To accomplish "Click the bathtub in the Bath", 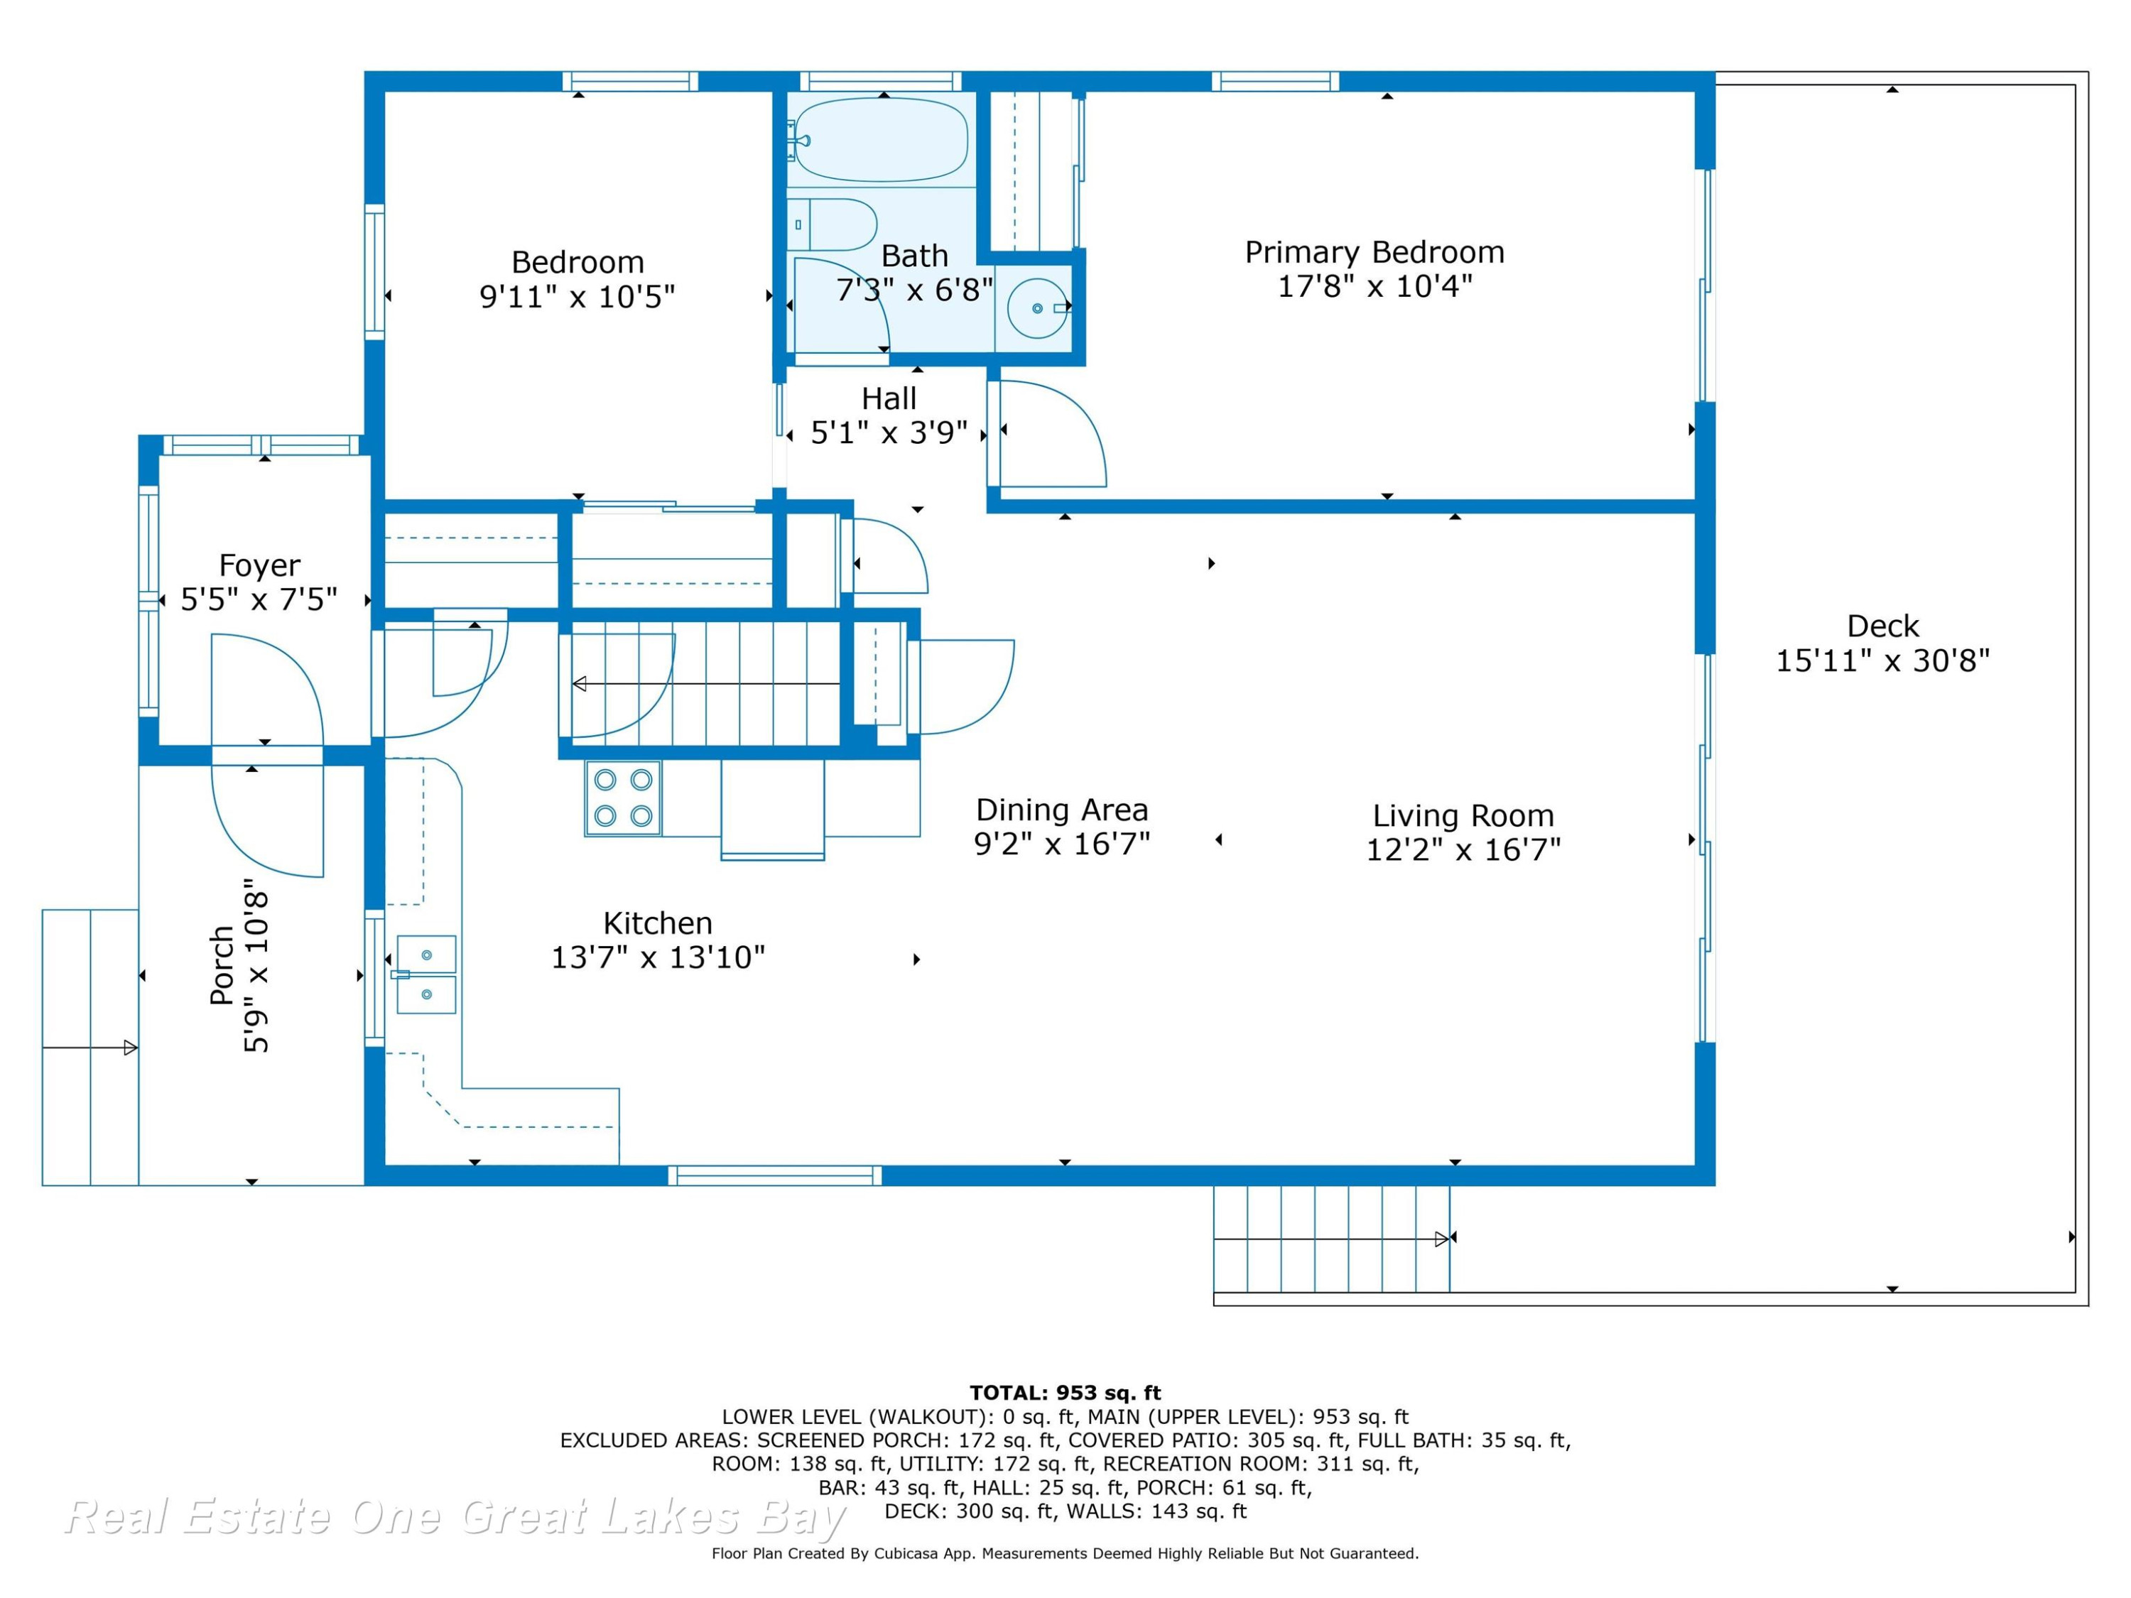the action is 879,140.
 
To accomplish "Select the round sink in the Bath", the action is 1039,308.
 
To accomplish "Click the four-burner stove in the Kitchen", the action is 623,798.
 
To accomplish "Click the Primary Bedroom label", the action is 1374,252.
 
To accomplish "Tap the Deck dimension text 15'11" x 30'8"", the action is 1882,661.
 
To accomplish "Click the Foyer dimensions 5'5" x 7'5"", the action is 259,600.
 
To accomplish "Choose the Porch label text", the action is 222,965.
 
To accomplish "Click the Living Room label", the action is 1463,816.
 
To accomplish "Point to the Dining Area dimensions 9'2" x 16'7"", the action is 1062,844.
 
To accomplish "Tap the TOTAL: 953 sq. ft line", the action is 1065,1393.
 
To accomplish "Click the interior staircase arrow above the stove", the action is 706,684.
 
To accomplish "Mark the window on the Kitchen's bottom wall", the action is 774,1175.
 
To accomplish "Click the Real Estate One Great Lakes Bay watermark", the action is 455,1516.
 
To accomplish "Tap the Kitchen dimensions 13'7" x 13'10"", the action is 658,957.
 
